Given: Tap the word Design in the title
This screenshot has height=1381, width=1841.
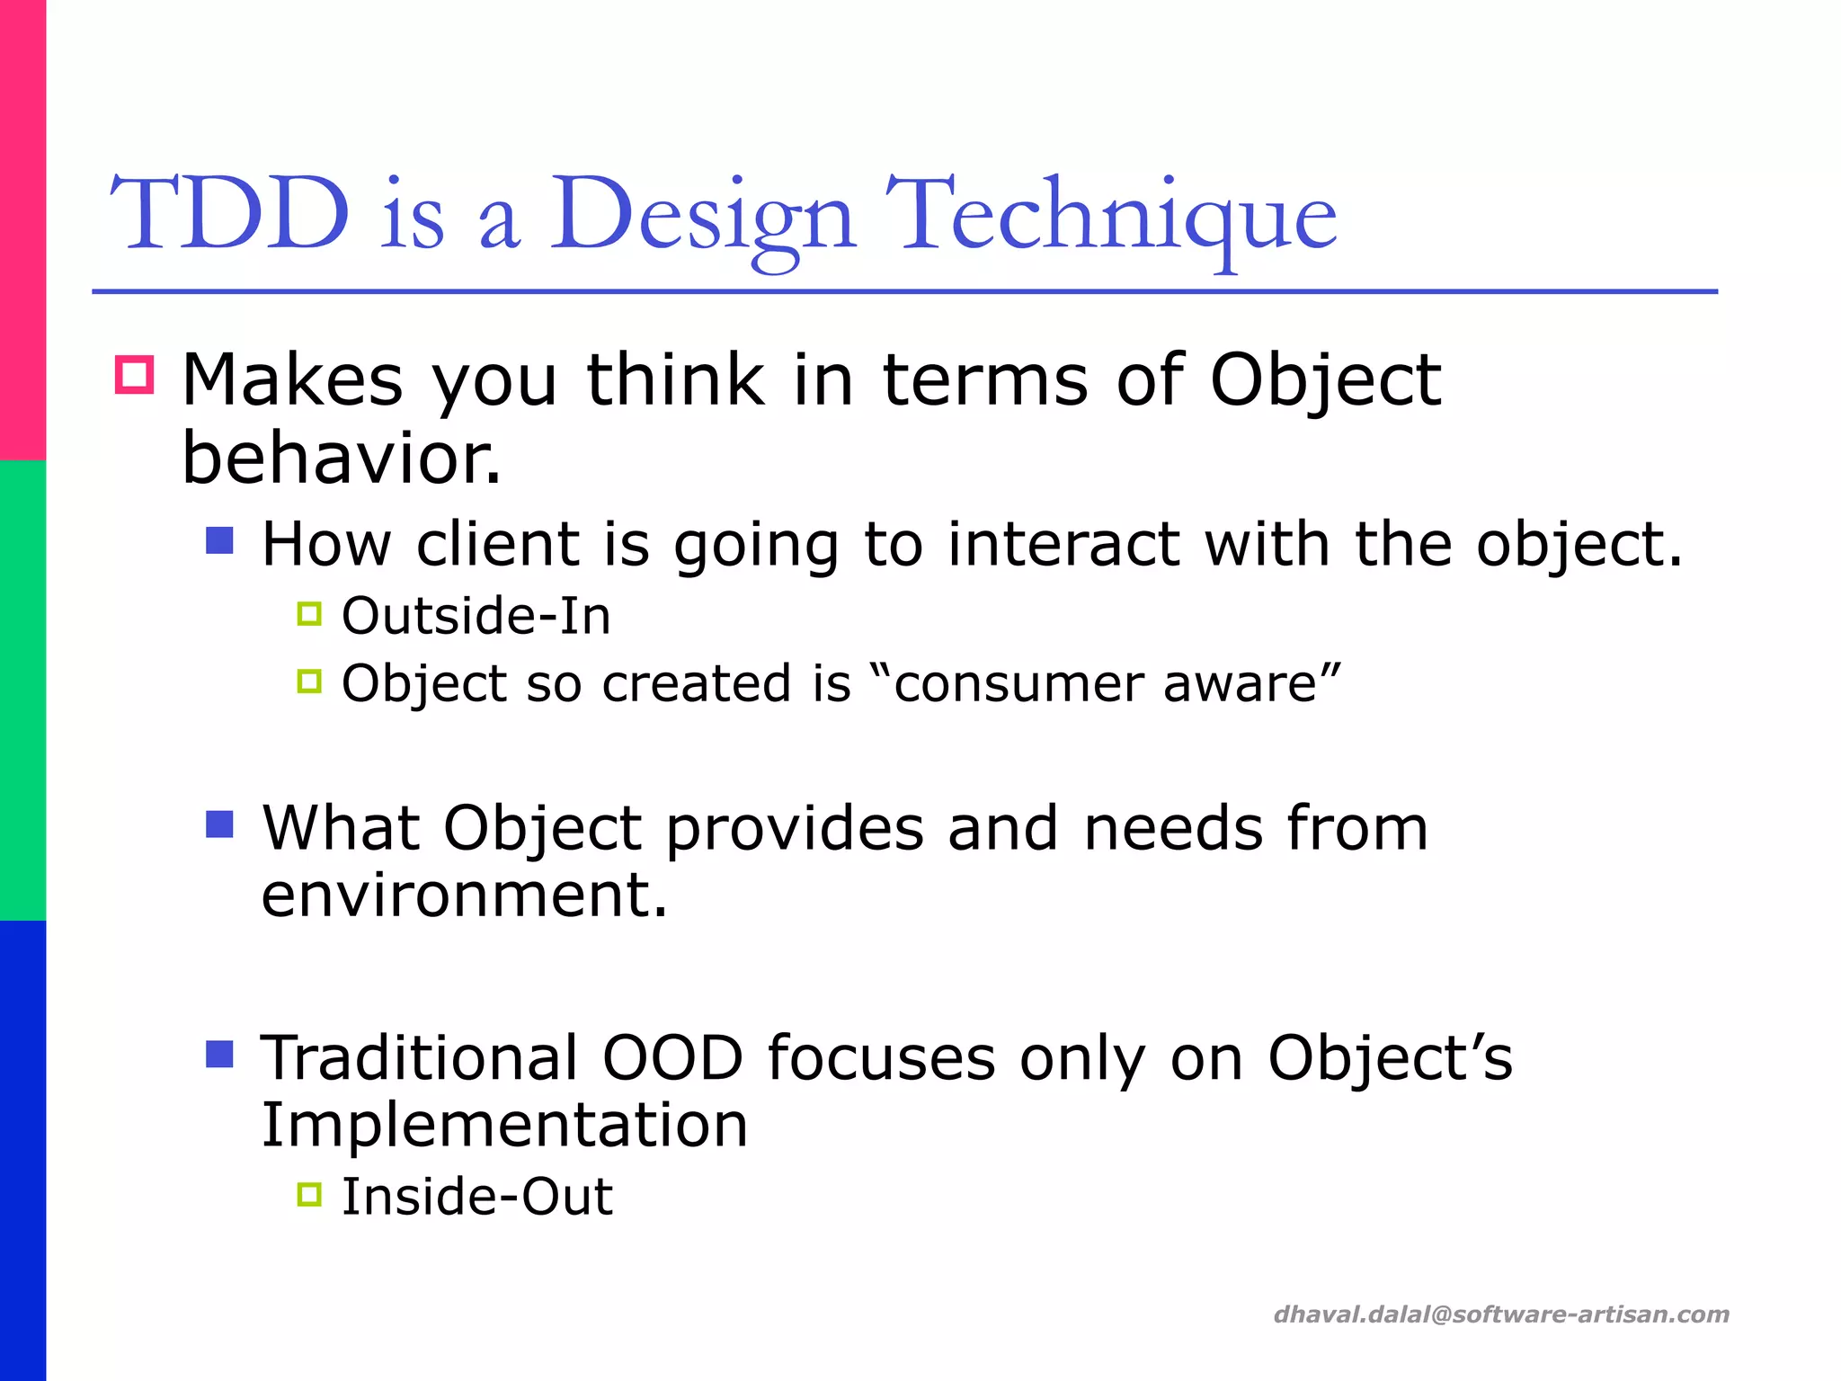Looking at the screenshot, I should (x=701, y=216).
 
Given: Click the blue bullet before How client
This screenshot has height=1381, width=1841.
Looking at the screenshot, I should (x=219, y=540).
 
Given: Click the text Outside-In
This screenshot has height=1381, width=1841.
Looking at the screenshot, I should (x=476, y=617).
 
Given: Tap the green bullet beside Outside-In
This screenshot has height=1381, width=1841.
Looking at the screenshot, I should (x=309, y=614).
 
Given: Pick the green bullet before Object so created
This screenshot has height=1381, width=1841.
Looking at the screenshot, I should (x=309, y=682).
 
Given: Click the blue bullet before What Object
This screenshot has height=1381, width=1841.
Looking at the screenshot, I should (x=219, y=824).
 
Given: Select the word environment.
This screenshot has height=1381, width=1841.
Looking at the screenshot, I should (x=464, y=895).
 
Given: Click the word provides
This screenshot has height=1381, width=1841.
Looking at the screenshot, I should (x=795, y=828).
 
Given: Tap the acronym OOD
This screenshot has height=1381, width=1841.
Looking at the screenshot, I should (x=672, y=1057).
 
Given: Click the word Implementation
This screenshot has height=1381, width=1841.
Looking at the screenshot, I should (x=504, y=1125).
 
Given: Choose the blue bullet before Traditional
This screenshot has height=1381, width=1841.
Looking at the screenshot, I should (x=219, y=1054).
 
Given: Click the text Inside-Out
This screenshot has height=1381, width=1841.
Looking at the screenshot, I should (x=477, y=1197).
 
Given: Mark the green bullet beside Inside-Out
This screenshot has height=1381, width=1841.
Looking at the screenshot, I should (x=309, y=1194).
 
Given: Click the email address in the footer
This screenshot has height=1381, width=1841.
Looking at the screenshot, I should (x=1501, y=1314).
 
